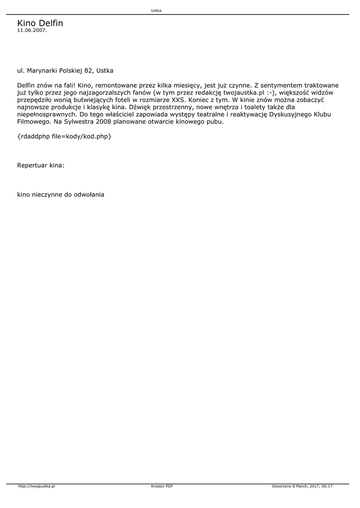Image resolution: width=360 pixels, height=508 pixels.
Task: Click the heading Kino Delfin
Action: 40,23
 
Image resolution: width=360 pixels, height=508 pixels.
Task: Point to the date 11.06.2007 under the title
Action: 32,30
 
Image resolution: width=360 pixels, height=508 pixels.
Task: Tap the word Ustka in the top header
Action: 156,10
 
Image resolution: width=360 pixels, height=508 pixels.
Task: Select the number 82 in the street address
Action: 88,71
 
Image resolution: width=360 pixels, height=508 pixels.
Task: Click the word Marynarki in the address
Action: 42,71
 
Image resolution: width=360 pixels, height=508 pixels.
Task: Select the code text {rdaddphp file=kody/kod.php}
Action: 64,136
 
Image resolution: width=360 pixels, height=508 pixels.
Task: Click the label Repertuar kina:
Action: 41,164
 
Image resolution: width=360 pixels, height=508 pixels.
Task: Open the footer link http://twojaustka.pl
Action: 36,487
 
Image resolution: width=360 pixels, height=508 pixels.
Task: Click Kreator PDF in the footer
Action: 162,487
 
